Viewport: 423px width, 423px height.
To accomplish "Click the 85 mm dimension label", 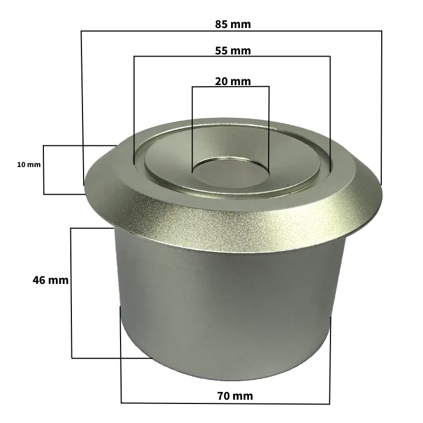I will (x=233, y=24).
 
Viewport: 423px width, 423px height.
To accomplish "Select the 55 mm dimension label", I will (x=233, y=51).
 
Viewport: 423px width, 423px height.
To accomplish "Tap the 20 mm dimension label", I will (x=233, y=81).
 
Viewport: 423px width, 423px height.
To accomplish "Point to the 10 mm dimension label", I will (x=29, y=165).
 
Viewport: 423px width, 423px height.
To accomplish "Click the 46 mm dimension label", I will (x=50, y=280).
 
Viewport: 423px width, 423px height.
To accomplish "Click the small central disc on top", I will (x=231, y=172).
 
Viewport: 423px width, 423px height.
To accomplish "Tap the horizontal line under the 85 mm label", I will (x=159, y=31).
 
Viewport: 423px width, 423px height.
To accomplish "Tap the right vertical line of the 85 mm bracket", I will (x=381, y=106).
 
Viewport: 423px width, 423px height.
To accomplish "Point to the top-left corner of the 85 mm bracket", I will (x=81, y=31).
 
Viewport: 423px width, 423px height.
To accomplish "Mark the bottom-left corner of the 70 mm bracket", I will (x=121, y=403).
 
